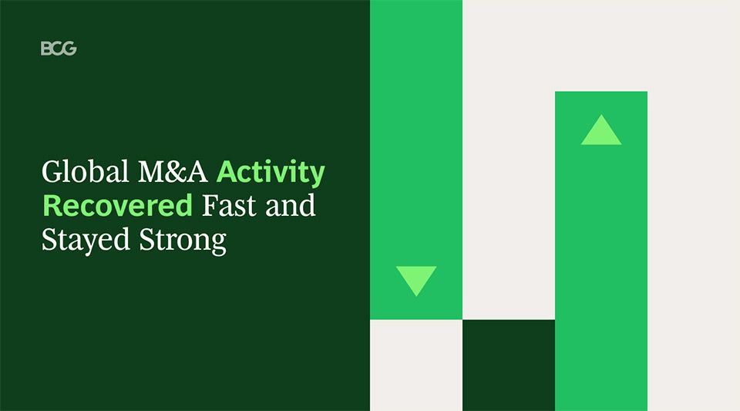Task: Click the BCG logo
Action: (x=59, y=49)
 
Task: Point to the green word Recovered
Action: (x=117, y=206)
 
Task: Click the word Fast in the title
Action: (x=228, y=206)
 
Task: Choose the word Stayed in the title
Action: (x=86, y=241)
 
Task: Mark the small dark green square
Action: (x=509, y=365)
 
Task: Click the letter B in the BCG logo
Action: (x=45, y=49)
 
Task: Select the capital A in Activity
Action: (x=227, y=172)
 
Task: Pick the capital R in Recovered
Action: (x=51, y=206)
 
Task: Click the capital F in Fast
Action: (x=209, y=206)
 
